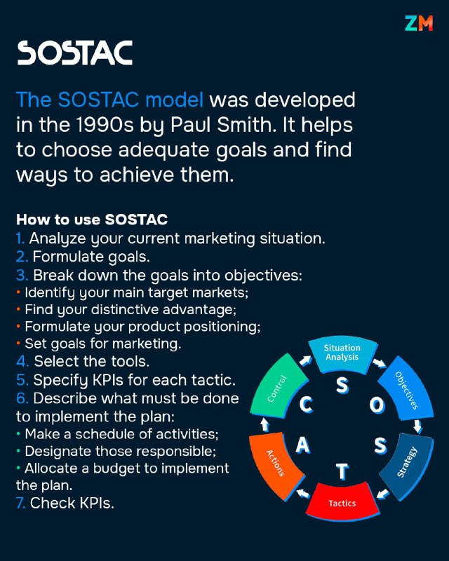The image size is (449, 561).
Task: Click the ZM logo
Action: (419, 23)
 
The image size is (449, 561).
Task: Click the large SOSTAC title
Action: (75, 53)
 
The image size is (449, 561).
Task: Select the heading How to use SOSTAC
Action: (92, 219)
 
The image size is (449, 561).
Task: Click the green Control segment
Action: (278, 388)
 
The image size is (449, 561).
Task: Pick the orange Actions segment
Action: (275, 464)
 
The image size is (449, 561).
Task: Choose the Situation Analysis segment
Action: (342, 353)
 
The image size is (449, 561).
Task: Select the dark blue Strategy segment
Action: (407, 463)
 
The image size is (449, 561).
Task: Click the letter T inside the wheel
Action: (342, 471)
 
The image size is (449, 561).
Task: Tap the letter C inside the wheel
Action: (306, 405)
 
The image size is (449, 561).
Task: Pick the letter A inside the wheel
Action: (302, 445)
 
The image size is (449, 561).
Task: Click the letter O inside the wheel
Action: (377, 405)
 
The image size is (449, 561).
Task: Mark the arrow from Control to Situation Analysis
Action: (305, 360)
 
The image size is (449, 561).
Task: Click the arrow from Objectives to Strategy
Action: (417, 426)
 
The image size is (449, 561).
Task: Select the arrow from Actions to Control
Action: (264, 425)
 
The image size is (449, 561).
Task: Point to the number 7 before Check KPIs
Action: (20, 503)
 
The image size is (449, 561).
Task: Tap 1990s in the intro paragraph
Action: (105, 125)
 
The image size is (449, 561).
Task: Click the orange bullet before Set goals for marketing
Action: (18, 344)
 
